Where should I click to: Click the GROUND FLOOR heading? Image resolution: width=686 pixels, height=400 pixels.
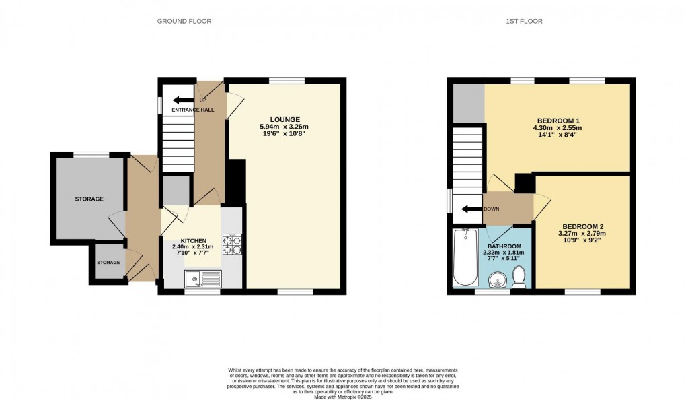click(184, 21)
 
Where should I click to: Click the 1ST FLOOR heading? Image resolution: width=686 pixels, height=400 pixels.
click(524, 21)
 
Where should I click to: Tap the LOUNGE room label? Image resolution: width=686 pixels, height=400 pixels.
click(286, 119)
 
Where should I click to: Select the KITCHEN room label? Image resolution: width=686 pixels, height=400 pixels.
click(193, 240)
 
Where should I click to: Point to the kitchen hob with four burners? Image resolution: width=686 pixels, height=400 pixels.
click(232, 244)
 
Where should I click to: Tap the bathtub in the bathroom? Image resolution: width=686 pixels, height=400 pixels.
click(465, 257)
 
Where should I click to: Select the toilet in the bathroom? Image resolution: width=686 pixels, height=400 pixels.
click(519, 276)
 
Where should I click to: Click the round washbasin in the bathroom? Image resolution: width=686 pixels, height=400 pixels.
click(498, 278)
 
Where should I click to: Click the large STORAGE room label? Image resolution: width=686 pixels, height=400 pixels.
click(89, 199)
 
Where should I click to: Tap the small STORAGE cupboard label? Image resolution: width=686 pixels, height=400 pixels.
click(108, 262)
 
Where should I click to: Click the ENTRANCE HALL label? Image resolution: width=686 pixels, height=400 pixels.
click(193, 109)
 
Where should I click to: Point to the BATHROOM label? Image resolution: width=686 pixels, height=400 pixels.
click(504, 246)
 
